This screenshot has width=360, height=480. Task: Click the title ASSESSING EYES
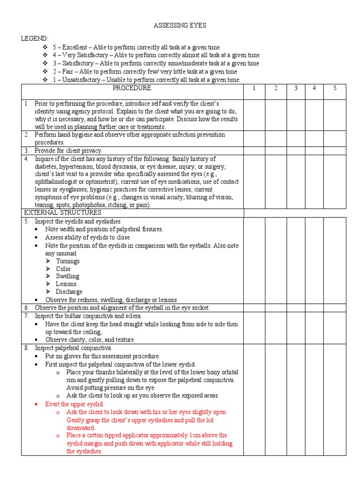point(180,25)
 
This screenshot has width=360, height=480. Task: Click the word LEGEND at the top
point(34,38)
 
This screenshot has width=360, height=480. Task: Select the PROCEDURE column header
point(132,88)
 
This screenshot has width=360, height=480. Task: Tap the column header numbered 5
point(335,88)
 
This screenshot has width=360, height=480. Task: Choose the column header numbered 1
point(254,88)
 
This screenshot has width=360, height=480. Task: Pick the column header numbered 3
point(296,88)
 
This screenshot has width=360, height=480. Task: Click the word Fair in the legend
point(68,72)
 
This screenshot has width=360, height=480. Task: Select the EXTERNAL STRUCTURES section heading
point(62,213)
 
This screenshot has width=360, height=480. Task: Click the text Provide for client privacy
point(68,150)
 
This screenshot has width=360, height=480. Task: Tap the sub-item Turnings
point(67,261)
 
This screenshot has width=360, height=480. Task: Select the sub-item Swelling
point(67,276)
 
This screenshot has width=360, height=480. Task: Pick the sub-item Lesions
point(66,284)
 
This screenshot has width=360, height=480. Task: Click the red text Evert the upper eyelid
point(75,404)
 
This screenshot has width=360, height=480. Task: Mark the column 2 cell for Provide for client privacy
point(276,150)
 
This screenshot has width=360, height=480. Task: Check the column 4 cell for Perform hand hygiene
point(314,138)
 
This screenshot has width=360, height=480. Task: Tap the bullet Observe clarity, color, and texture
point(90,339)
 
